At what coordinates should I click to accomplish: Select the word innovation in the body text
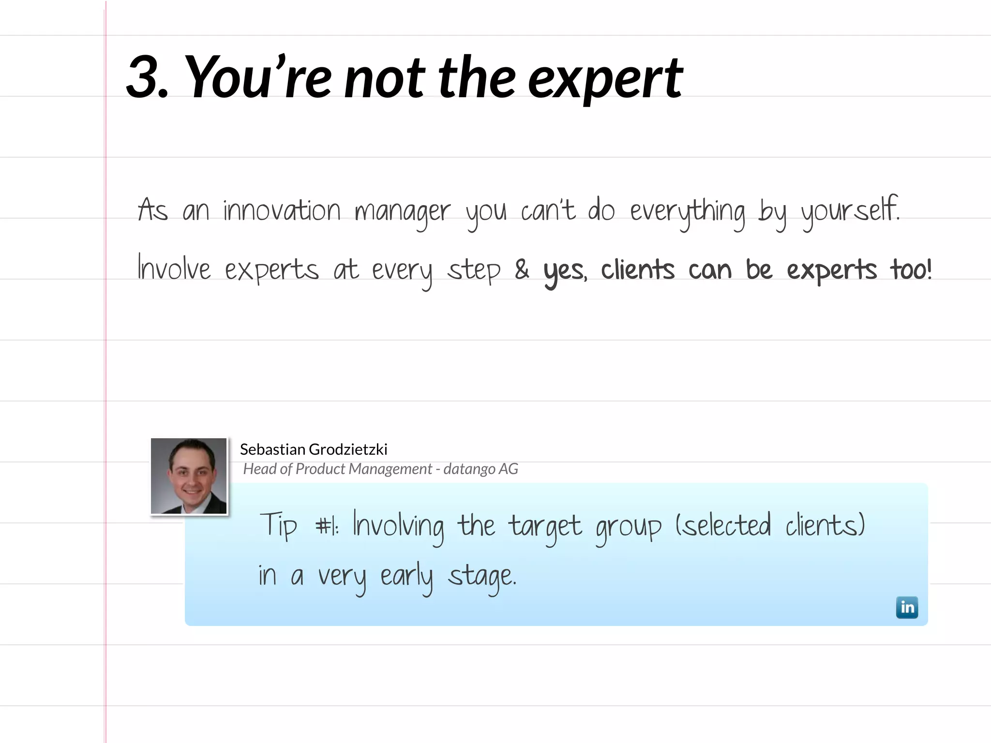pos(282,211)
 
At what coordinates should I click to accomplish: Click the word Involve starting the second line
pos(174,268)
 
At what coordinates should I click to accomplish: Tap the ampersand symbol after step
pos(522,269)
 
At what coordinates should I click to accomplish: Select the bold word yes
pos(565,271)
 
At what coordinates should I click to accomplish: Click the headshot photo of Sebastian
pos(189,476)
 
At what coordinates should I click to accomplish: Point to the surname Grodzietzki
pos(347,449)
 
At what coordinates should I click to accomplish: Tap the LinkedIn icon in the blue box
pos(907,608)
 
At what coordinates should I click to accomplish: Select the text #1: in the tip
pos(327,526)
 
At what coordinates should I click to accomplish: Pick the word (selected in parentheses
pos(723,525)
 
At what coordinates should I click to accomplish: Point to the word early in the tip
pos(406,577)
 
